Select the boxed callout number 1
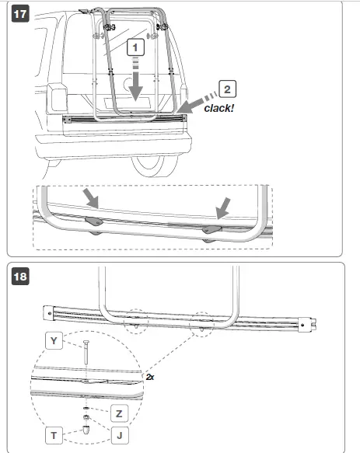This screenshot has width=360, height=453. [x=136, y=48]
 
